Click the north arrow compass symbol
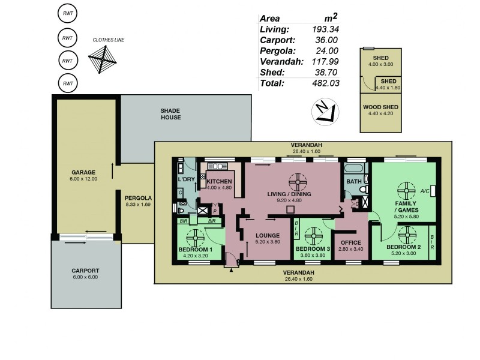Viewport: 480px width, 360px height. click(x=324, y=112)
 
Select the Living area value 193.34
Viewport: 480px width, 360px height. click(x=326, y=29)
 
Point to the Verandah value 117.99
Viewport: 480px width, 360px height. click(x=326, y=61)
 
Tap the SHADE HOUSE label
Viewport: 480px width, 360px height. click(x=170, y=113)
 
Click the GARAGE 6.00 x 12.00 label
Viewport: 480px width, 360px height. click(x=84, y=175)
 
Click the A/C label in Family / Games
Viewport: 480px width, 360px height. click(x=424, y=191)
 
